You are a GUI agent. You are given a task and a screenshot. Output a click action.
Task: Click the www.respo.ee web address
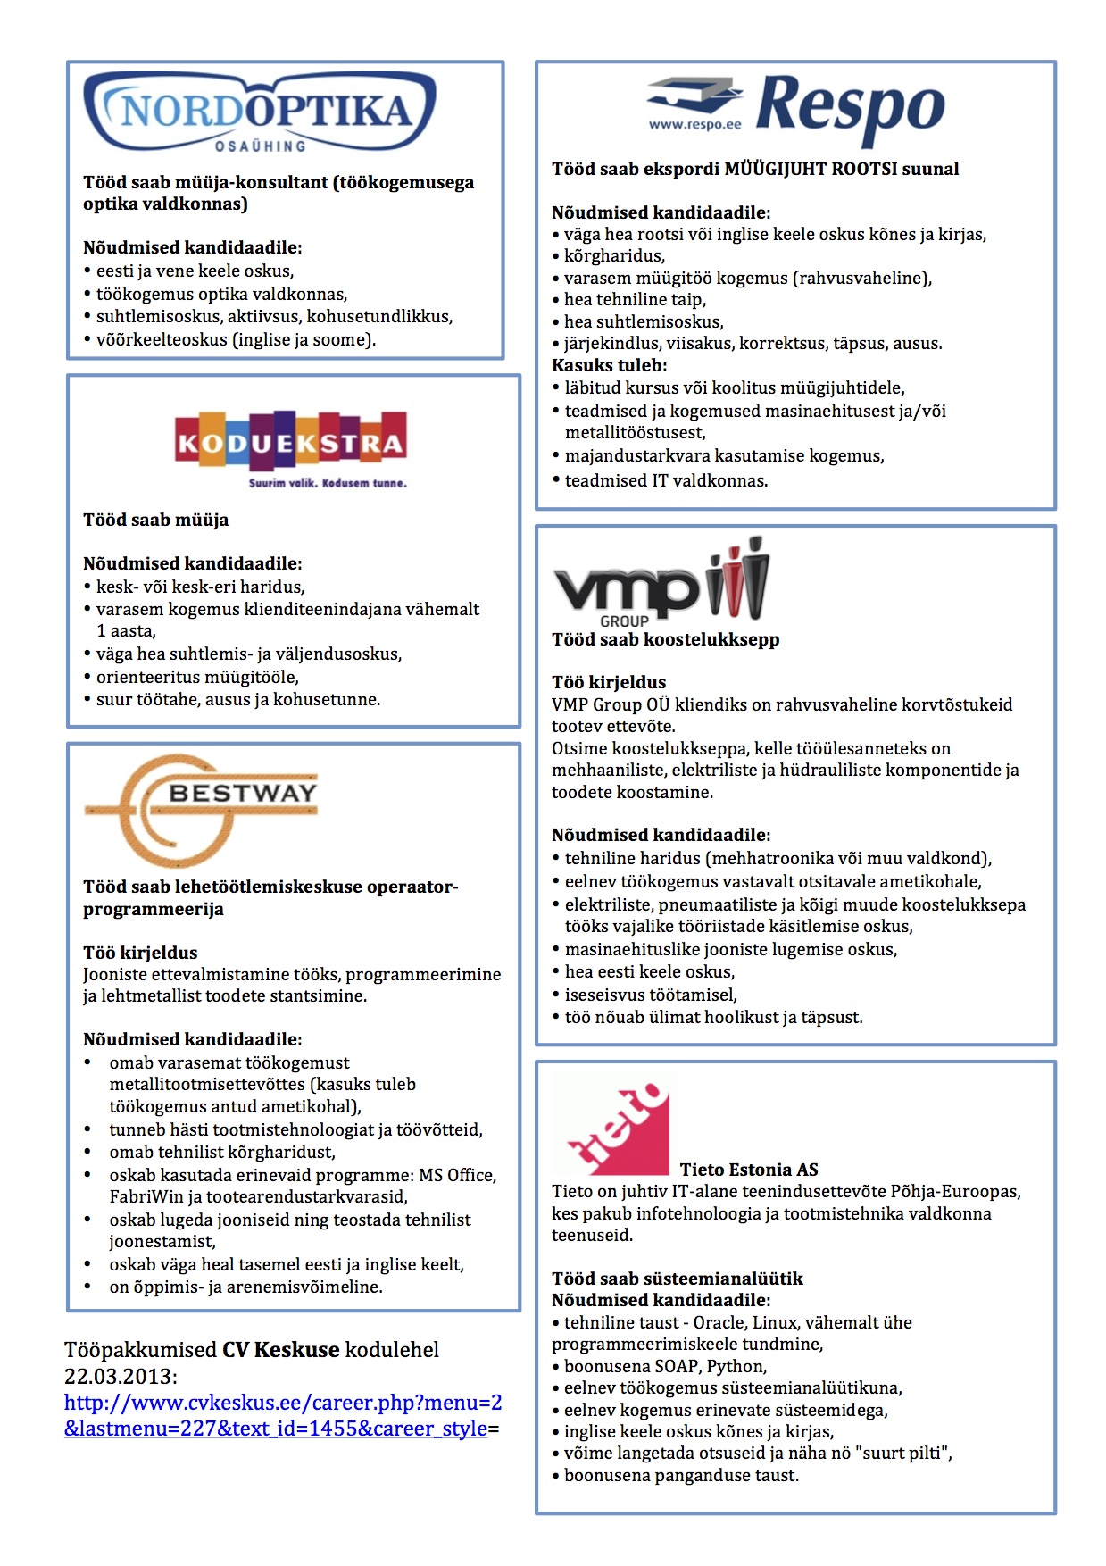coord(694,125)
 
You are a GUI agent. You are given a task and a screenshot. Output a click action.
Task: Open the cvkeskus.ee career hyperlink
coord(282,1415)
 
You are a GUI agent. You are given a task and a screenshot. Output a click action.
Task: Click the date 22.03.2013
coord(121,1376)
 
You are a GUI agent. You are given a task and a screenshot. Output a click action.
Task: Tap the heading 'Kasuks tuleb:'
coord(609,365)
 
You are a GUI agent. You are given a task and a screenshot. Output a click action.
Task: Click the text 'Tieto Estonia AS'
coord(748,1170)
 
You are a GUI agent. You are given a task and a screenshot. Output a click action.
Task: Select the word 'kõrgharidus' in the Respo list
coord(612,256)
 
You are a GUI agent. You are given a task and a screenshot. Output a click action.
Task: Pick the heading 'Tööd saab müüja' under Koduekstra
coord(155,521)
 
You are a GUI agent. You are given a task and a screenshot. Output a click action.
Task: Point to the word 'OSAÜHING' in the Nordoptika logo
coord(260,146)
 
